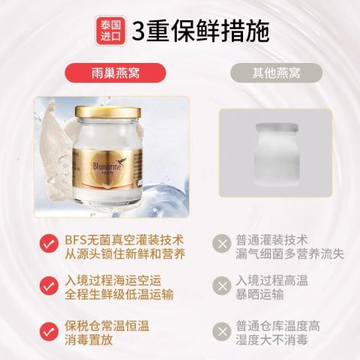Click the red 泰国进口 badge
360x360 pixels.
(x=110, y=31)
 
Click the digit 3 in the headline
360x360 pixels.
(x=139, y=31)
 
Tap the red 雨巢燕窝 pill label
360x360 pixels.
(x=115, y=73)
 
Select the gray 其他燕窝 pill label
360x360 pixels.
(x=276, y=73)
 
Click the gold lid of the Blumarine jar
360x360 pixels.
(x=108, y=112)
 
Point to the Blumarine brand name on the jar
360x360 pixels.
(x=108, y=166)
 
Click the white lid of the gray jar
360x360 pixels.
(x=277, y=127)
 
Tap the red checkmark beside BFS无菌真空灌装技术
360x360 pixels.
(x=49, y=243)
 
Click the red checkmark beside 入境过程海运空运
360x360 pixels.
(x=49, y=286)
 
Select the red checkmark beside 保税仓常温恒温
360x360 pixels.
(x=49, y=331)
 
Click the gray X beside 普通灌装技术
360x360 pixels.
(x=222, y=243)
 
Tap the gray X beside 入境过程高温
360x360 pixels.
(x=222, y=286)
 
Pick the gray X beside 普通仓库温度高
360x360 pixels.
(x=222, y=331)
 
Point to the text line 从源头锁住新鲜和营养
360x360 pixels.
(x=125, y=254)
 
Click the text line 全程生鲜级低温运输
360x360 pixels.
(x=119, y=294)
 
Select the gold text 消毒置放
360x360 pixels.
(x=88, y=340)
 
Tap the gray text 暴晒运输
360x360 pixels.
(x=260, y=294)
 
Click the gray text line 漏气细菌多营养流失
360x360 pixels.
(x=290, y=254)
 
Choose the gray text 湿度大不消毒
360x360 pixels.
(x=271, y=340)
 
